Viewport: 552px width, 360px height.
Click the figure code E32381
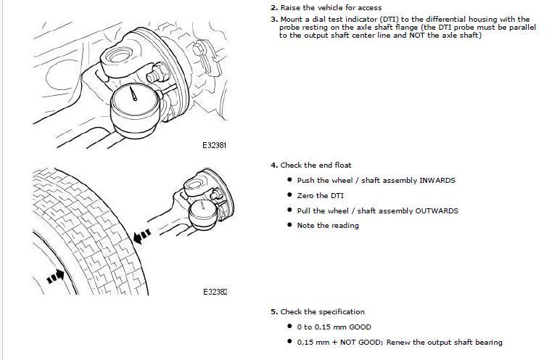215,145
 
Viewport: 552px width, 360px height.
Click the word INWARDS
437,181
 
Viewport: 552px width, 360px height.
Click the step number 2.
273,8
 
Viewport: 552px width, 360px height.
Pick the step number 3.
273,19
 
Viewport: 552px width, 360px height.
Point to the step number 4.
273,165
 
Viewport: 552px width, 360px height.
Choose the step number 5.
273,312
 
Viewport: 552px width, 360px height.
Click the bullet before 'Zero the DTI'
289,196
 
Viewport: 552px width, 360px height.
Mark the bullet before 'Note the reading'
289,226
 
